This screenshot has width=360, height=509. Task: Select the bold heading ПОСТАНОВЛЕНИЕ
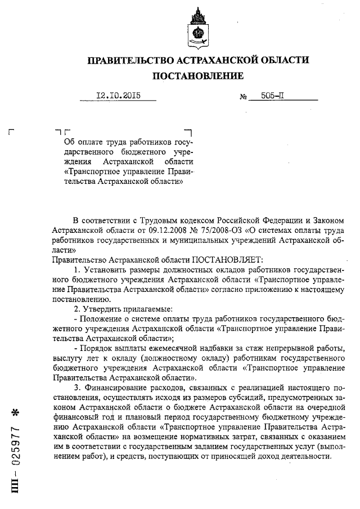(197, 76)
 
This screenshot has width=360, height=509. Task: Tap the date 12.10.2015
(118, 96)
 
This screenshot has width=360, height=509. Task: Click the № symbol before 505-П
(244, 97)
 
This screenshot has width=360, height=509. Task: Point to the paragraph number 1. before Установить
(77, 271)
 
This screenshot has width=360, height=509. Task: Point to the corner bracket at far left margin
(11, 132)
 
